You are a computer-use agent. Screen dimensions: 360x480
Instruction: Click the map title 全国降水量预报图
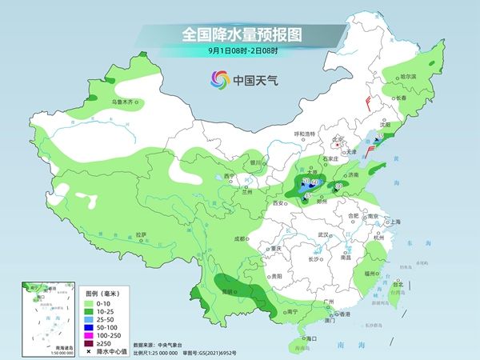(x=241, y=35)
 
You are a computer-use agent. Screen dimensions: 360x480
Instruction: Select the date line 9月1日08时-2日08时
(x=241, y=51)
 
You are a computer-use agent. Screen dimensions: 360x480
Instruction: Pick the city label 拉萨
(x=142, y=234)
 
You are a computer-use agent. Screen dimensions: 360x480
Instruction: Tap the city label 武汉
(x=323, y=234)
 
